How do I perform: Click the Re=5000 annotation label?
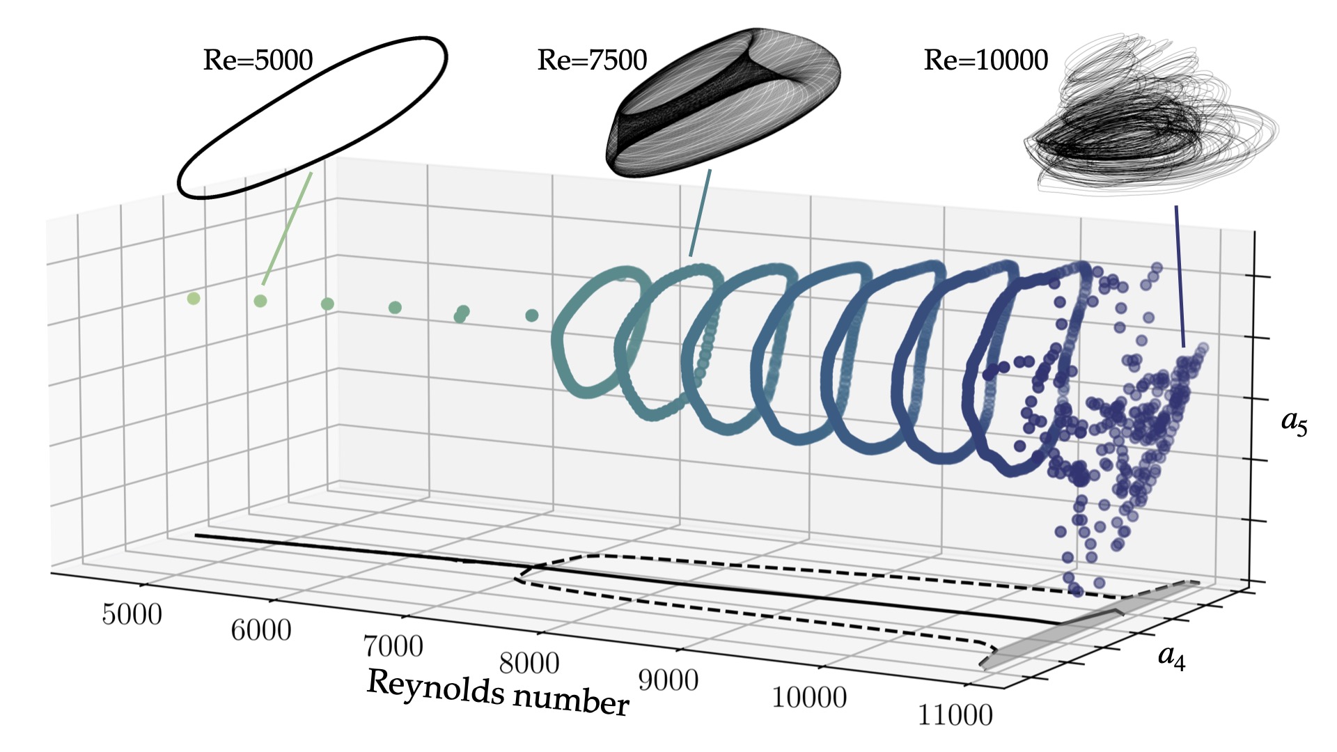[x=258, y=61]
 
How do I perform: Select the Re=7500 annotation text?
[x=592, y=61]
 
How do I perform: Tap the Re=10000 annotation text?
[x=985, y=61]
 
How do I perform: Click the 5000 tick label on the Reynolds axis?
[x=132, y=615]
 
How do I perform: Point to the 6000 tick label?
[x=261, y=631]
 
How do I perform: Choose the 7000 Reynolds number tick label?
[x=393, y=647]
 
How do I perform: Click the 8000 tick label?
[x=529, y=664]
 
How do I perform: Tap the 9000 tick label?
[x=668, y=680]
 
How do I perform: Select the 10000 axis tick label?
[x=809, y=697]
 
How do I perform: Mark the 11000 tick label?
[x=955, y=715]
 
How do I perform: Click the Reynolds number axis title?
[x=498, y=693]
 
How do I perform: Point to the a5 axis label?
[x=1294, y=421]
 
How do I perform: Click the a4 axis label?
[x=1171, y=656]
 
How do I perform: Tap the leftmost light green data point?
[x=194, y=299]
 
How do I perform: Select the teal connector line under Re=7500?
[x=700, y=212]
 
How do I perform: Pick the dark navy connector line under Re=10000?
[x=1180, y=275]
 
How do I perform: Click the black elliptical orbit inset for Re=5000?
[x=313, y=117]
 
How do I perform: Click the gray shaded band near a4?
[x=1086, y=627]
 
